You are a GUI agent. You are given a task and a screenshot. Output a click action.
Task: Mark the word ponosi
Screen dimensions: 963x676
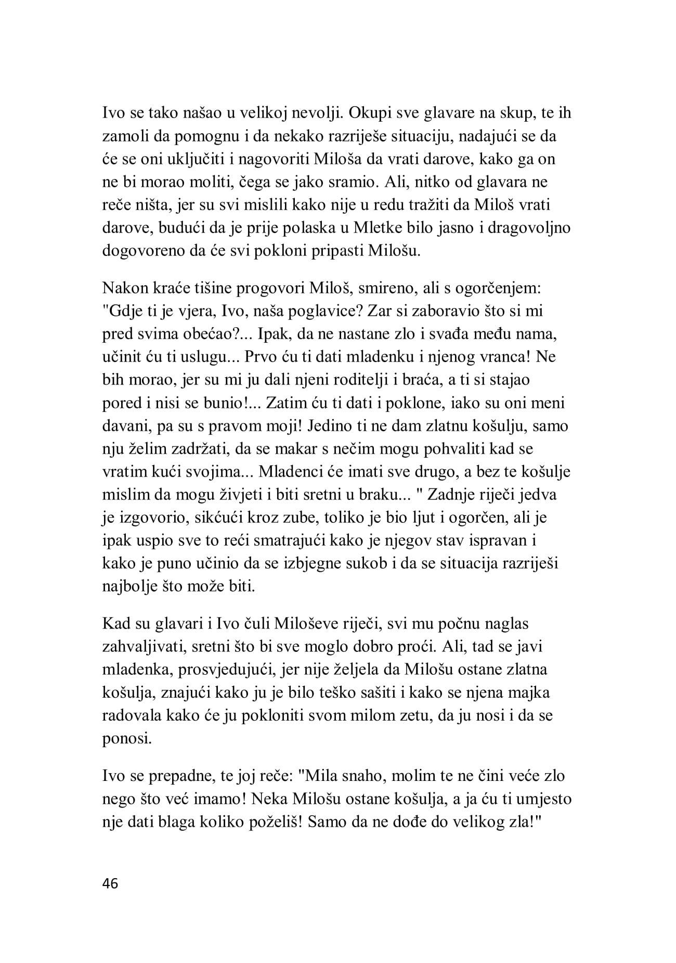(127, 738)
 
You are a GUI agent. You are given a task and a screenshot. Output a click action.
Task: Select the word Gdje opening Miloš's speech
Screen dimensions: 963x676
(125, 311)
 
